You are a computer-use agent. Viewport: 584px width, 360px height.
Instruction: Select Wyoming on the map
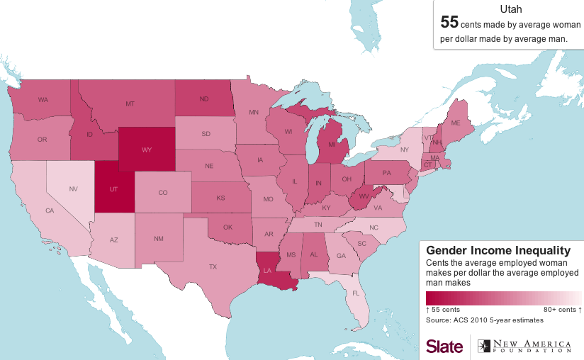147,150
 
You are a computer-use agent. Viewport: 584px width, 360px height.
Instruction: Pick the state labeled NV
73,189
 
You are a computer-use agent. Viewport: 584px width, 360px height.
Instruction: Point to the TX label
213,267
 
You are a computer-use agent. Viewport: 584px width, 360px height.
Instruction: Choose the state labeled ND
204,99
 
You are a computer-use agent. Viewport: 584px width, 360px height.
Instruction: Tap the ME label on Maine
456,123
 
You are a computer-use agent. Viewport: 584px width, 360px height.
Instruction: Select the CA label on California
50,210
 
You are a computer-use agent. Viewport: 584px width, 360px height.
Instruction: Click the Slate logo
444,345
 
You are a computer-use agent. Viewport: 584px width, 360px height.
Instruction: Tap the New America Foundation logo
524,345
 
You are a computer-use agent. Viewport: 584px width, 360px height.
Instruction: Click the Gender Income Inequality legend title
498,250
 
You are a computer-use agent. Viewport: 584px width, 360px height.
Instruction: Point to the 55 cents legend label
443,310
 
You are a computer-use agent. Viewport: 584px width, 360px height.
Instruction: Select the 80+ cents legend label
562,310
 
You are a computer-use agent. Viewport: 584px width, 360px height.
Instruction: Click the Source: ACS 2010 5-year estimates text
480,320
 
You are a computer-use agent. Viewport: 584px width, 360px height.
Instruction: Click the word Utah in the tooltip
510,9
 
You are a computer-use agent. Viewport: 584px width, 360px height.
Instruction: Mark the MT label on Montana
130,104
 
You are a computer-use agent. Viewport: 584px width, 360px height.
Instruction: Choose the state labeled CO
163,192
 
